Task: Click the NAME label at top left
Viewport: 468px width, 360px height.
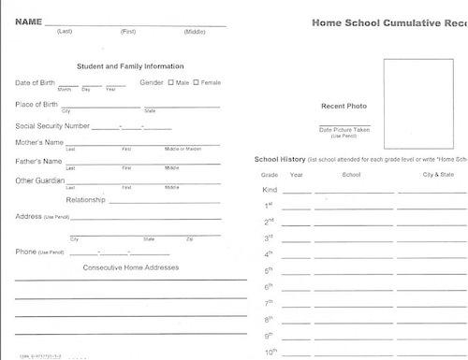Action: coord(28,22)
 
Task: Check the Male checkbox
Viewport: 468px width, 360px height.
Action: coord(171,82)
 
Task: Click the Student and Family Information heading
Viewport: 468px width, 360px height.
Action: coord(130,66)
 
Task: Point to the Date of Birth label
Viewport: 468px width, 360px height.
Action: coord(35,83)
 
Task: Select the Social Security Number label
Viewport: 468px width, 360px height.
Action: coord(52,125)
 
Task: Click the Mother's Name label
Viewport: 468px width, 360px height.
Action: coord(39,142)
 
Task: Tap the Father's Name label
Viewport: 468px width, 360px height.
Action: coord(38,161)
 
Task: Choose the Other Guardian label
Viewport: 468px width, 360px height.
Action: coord(40,180)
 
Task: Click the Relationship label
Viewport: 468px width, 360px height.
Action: coord(85,200)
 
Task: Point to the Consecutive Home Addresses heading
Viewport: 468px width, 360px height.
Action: coord(131,267)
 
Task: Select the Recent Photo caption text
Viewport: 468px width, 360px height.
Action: coord(344,105)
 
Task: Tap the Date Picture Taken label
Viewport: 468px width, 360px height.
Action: coord(344,130)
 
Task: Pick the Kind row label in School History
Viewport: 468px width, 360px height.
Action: coord(270,190)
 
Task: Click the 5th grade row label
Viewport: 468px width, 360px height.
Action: coord(269,269)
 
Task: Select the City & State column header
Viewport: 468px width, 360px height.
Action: coord(438,174)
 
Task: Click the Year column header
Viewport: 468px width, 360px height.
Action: coord(297,174)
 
